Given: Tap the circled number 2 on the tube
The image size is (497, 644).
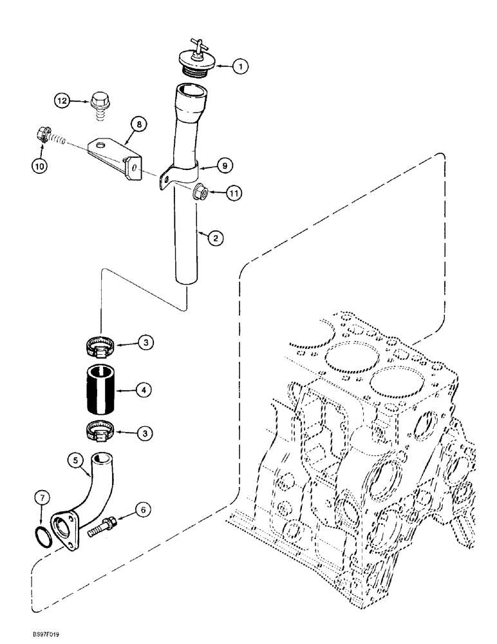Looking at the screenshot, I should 216,238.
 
